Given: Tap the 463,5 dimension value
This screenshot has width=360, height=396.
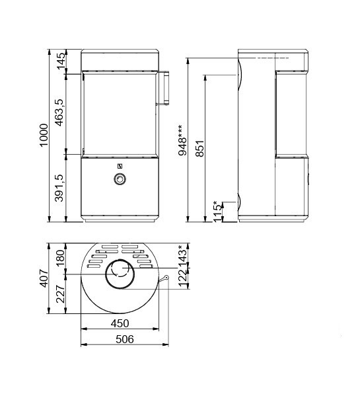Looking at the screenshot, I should point(61,112).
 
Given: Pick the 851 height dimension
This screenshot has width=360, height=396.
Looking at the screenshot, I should point(199,149).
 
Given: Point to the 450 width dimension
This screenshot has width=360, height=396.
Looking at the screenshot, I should point(120,323).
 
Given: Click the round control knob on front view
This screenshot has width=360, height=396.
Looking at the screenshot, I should point(120,179).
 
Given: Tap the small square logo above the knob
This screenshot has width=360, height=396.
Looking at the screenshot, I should point(120,165).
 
